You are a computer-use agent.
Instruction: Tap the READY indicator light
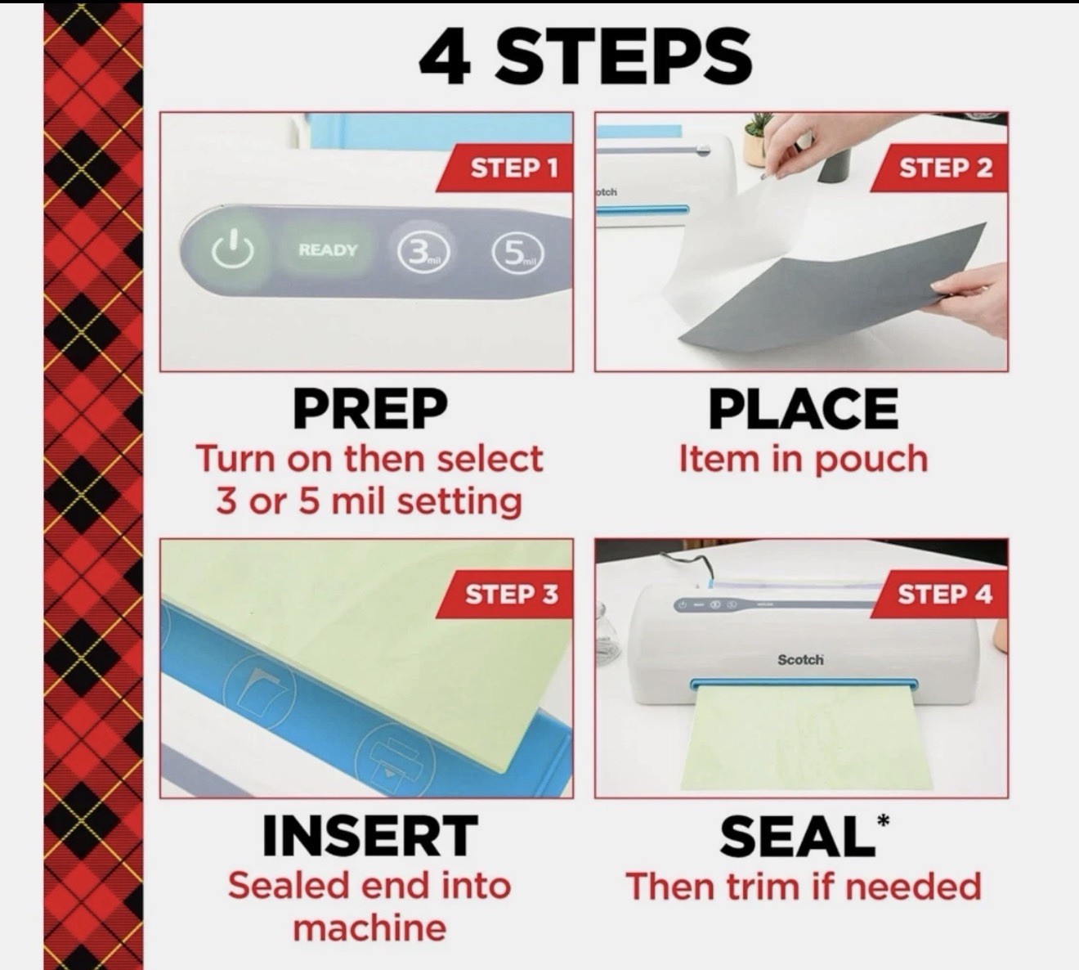click(328, 249)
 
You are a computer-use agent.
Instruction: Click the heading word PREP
click(370, 409)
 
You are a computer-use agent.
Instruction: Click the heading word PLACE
click(804, 409)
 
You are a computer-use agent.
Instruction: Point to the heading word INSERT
click(370, 836)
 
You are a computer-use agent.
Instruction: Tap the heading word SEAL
click(797, 836)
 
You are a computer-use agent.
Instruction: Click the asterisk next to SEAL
click(883, 820)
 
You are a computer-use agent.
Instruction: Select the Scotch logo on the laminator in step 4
click(800, 660)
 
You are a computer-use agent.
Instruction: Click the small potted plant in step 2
click(754, 141)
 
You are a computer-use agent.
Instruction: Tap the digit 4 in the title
click(444, 57)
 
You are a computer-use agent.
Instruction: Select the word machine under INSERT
click(369, 928)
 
